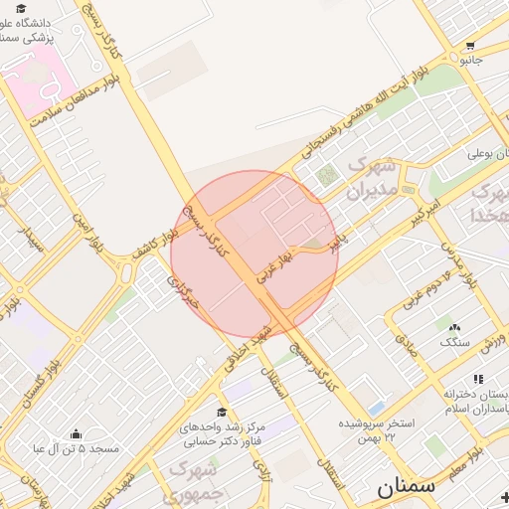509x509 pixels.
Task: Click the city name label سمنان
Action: click(406, 487)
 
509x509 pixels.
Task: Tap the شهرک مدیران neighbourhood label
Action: click(374, 177)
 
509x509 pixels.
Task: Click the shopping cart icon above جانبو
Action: click(469, 46)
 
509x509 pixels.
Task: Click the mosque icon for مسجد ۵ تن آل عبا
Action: click(78, 434)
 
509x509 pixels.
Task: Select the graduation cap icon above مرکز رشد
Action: click(221, 413)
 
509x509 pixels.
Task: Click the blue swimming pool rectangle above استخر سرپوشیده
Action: click(375, 408)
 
